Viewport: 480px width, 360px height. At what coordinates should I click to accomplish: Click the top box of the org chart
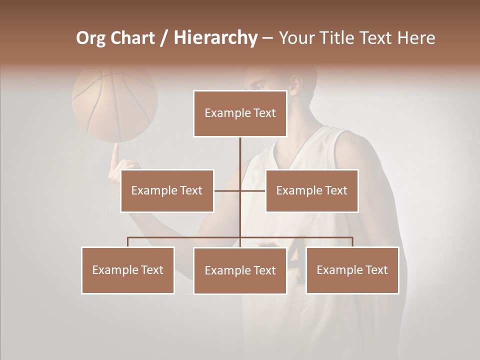point(240,113)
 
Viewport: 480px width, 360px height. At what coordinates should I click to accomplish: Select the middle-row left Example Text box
point(167,190)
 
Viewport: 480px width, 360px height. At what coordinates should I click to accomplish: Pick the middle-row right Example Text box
point(311,190)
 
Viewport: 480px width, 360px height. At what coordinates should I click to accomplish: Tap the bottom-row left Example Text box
point(128,270)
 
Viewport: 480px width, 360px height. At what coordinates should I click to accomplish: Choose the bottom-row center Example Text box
point(240,270)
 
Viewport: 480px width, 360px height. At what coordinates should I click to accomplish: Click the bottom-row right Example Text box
point(352,270)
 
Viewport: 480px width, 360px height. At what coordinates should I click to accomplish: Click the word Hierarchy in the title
point(215,38)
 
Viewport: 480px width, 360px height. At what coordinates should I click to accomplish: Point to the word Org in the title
point(91,38)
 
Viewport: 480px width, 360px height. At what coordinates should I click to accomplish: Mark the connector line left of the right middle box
point(253,190)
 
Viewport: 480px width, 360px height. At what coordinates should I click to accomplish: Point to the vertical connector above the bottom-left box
point(128,242)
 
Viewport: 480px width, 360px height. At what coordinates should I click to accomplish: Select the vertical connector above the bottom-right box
point(352,242)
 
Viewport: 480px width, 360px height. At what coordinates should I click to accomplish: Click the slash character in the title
point(163,38)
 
